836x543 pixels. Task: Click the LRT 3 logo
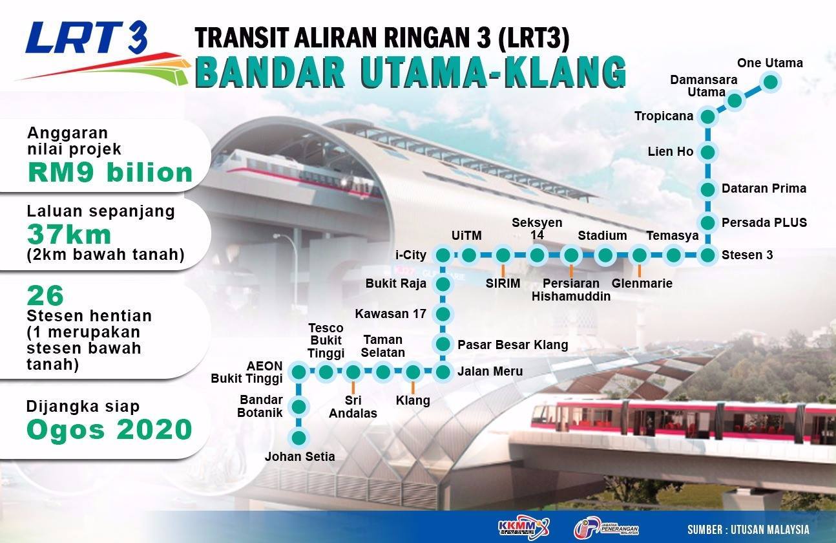(x=101, y=52)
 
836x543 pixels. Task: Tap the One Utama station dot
(x=770, y=83)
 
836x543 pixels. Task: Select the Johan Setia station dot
(x=298, y=438)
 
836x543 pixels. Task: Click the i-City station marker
(x=443, y=255)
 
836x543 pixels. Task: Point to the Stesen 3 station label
(x=747, y=255)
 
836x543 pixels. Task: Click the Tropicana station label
(x=664, y=116)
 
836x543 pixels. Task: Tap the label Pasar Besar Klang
(x=513, y=345)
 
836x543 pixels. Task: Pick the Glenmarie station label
(x=642, y=283)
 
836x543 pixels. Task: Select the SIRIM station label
(x=503, y=283)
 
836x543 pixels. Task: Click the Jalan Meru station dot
(x=443, y=372)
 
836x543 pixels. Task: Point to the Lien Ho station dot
(x=707, y=153)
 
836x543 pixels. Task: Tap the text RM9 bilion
(x=110, y=173)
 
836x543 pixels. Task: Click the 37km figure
(x=69, y=235)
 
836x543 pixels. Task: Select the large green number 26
(x=45, y=296)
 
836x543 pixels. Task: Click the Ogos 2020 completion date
(x=109, y=429)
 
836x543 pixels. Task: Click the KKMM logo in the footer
(x=523, y=528)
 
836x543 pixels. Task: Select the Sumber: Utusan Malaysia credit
(x=748, y=529)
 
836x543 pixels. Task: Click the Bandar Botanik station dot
(x=298, y=407)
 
